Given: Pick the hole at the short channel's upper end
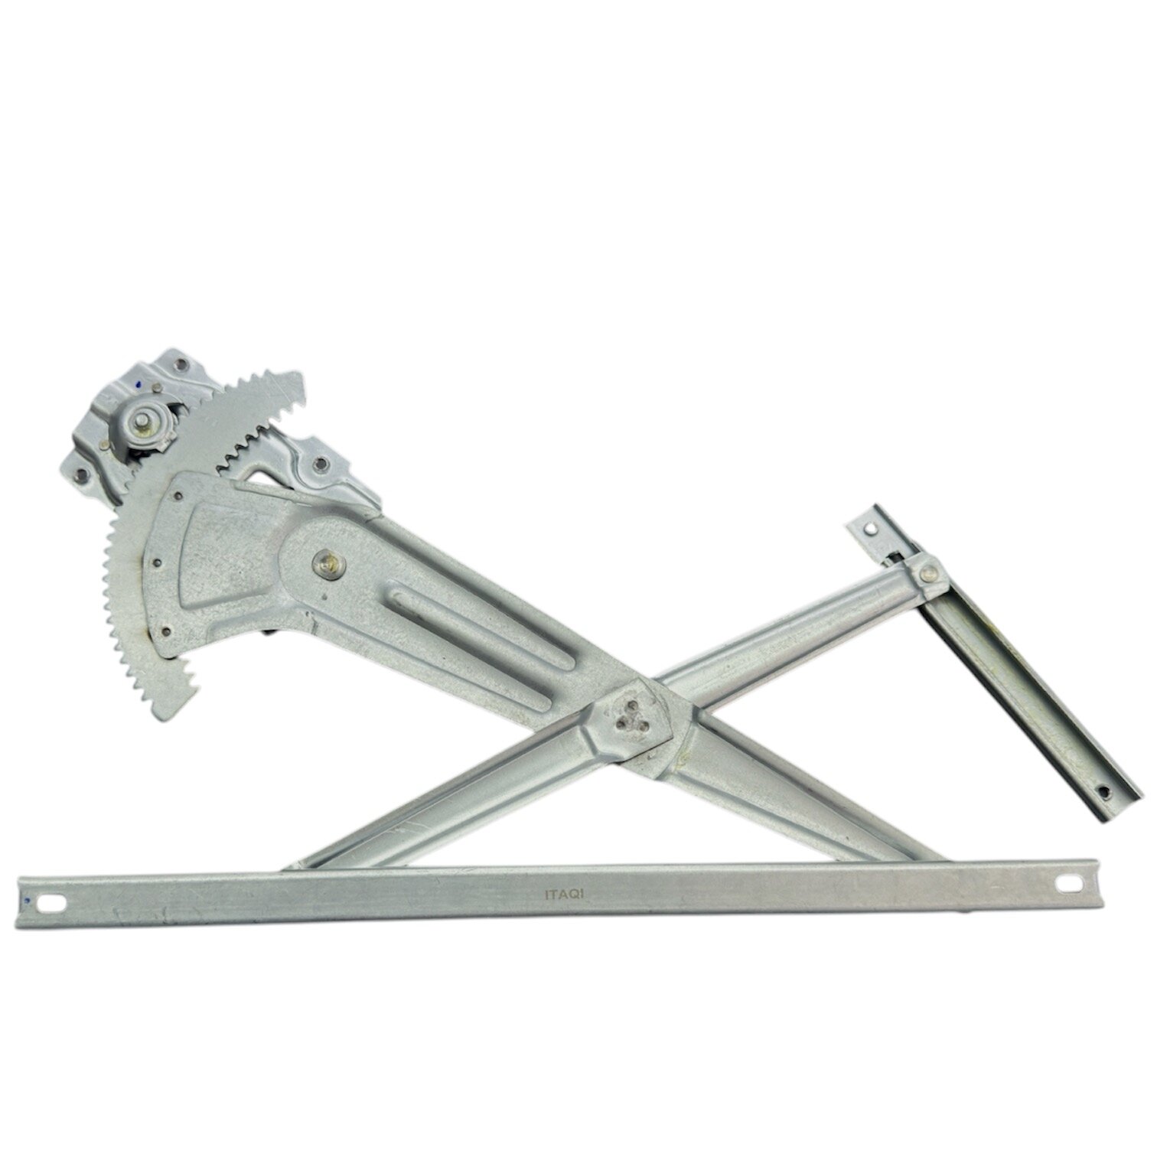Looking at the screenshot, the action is pyautogui.click(x=869, y=527).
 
